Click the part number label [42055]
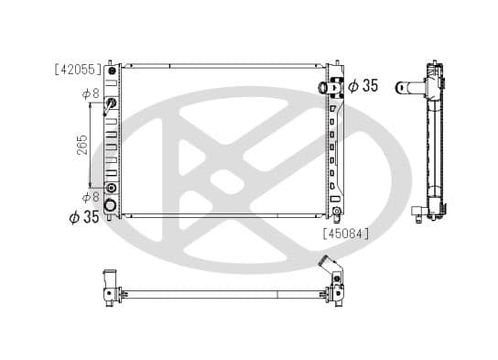coord(78,69)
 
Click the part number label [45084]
coord(345,233)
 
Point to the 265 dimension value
coord(82,145)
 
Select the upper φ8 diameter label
coord(90,93)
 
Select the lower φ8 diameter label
coord(90,197)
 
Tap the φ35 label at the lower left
coord(83,217)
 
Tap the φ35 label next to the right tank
coord(363,86)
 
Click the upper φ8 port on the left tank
coord(111,102)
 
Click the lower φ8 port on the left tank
coord(111,188)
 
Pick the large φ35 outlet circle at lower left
coord(111,204)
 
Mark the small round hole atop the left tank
coord(112,71)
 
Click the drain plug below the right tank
coord(337,216)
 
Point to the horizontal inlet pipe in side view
coord(410,89)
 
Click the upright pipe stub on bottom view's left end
coord(110,278)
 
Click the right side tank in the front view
coord(334,142)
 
